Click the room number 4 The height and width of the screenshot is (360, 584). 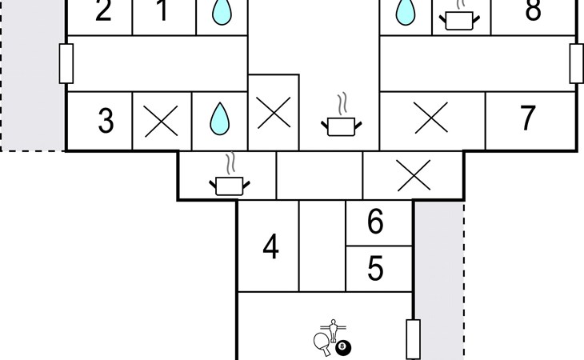pos(270,247)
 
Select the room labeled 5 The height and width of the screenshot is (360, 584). pos(376,269)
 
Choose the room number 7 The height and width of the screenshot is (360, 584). pos(527,118)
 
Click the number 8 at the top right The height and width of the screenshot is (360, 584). pos(534,12)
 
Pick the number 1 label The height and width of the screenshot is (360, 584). pos(162,12)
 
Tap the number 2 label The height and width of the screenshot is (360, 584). pos(102,12)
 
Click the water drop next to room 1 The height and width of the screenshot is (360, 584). pos(220,12)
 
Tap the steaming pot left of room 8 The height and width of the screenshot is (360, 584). pos(459,18)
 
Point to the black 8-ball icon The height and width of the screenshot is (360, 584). pos(344,347)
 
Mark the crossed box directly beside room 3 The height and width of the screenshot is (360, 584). pos(162,122)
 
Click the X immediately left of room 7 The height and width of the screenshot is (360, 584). pos(431,120)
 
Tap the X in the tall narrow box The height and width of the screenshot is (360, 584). pos(274,113)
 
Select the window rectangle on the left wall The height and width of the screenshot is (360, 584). pos(66,63)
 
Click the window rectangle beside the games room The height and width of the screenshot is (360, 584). pos(413,338)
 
